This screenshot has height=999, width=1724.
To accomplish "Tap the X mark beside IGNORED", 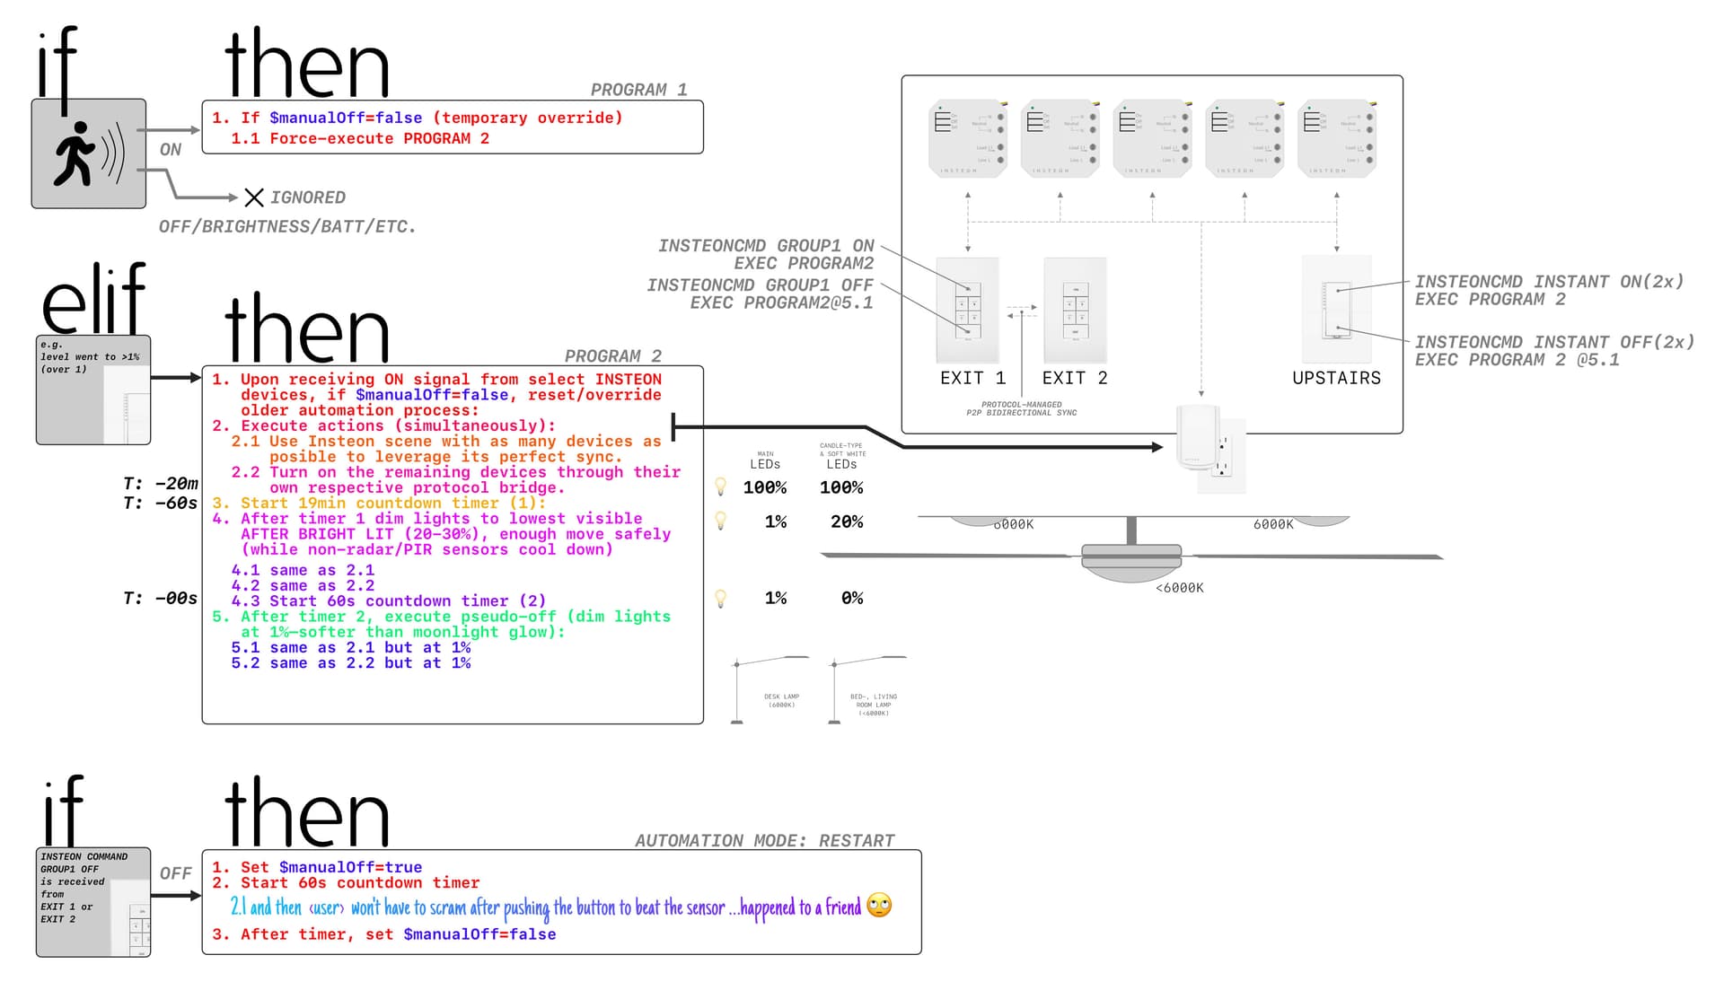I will (x=254, y=197).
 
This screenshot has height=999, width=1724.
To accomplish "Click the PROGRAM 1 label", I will (x=638, y=90).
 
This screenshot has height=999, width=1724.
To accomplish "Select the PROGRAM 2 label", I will (x=612, y=356).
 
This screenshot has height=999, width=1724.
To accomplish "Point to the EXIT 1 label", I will (x=972, y=379).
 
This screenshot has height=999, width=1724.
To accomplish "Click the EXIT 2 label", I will (x=1075, y=379).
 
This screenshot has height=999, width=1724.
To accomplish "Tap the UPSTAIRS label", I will (x=1336, y=379).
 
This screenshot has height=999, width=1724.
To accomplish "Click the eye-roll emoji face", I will (x=879, y=906).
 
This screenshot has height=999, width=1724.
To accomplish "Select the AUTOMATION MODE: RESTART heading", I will (x=764, y=841).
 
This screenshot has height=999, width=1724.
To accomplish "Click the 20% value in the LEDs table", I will (x=841, y=522).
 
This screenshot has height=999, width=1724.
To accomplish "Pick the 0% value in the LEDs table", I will (x=851, y=599).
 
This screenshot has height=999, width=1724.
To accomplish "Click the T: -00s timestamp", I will (x=160, y=599).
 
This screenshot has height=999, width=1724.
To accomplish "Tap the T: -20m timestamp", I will (x=160, y=484).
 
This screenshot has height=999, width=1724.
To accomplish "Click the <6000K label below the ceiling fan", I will (x=1179, y=588).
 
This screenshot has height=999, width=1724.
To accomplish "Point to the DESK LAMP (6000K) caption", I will (x=781, y=700).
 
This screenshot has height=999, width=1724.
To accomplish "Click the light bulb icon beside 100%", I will (x=720, y=486).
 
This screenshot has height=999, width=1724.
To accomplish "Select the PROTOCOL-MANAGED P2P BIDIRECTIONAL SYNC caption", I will (x=1021, y=408).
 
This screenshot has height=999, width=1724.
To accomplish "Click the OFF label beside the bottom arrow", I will (x=175, y=873).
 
